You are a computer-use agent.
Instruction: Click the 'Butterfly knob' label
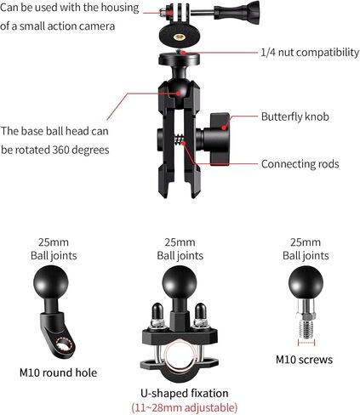pos(295,117)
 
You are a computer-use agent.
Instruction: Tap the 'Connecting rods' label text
pos(300,164)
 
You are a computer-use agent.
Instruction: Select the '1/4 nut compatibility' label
pos(310,53)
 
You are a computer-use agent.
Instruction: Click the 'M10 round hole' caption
pos(58,372)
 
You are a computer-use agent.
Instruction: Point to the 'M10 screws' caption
pos(304,360)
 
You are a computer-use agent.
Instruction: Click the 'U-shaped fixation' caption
pos(185,394)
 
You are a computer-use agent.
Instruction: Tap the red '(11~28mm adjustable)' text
pos(185,407)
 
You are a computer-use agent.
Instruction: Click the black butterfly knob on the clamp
pos(217,139)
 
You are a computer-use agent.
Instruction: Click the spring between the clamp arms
pos(179,139)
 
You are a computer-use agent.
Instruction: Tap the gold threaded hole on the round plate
pos(179,37)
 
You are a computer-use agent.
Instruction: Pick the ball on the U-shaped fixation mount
pos(180,282)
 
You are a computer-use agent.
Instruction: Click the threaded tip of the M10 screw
pos(306,330)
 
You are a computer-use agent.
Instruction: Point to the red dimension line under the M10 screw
pos(306,343)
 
